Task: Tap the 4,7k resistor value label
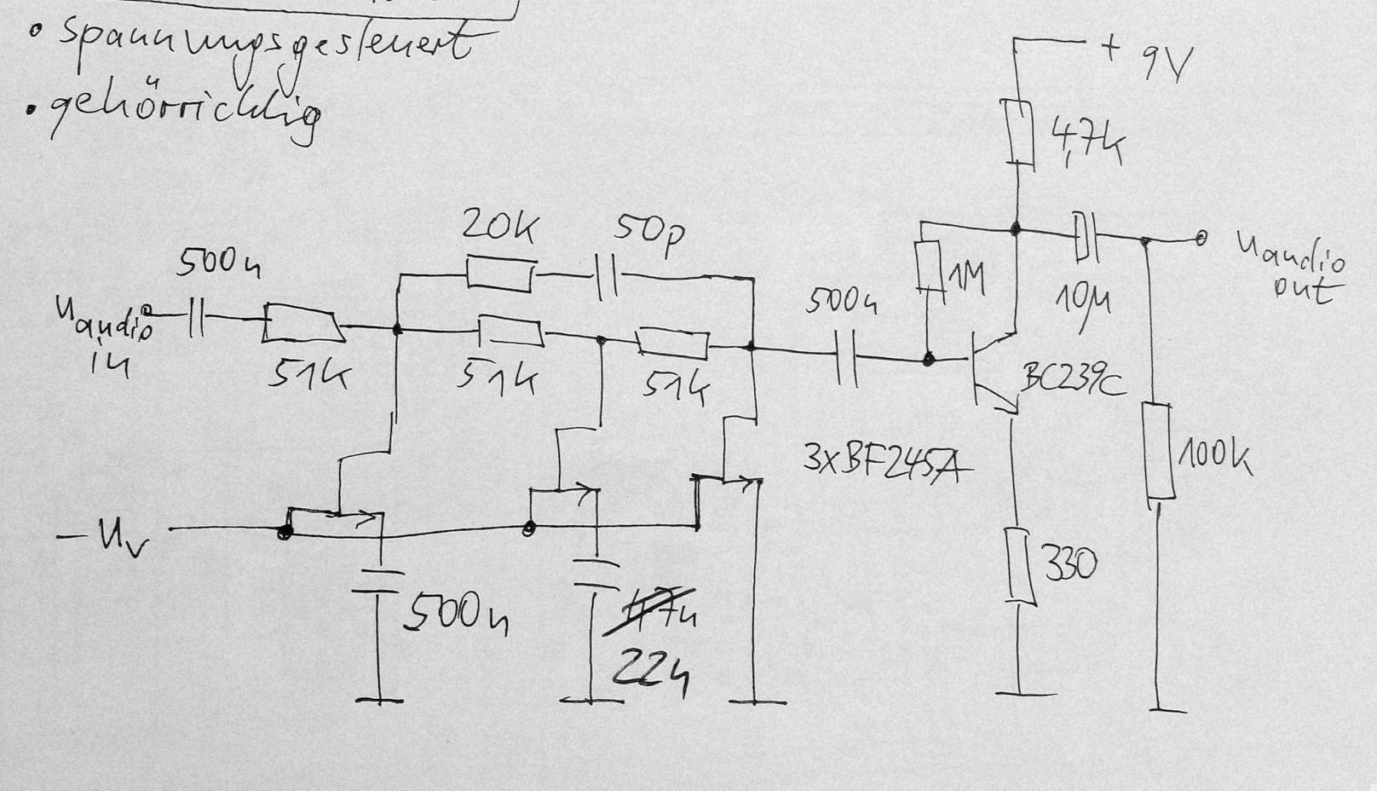click(1086, 141)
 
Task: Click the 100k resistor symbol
click(1160, 453)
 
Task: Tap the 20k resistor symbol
click(501, 275)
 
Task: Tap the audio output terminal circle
click(1201, 238)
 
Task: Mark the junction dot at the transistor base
click(929, 360)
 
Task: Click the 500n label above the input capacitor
click(218, 263)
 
